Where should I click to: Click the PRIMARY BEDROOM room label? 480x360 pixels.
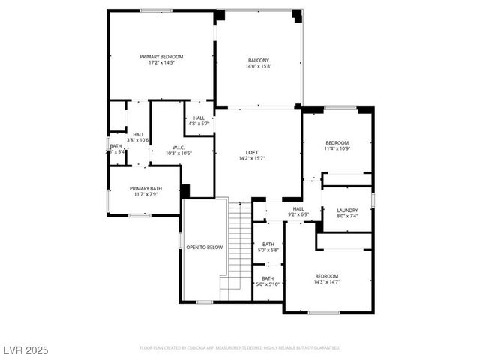[x=161, y=57]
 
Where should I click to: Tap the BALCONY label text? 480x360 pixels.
[x=259, y=61]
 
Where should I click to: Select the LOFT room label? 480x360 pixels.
[x=253, y=152]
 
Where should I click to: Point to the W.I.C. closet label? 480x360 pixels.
[x=178, y=148]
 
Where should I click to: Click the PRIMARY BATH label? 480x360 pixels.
[x=145, y=189]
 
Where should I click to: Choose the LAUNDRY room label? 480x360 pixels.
[x=347, y=211]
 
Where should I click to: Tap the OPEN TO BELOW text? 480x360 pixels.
[x=205, y=247]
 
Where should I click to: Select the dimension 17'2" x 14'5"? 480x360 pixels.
[x=161, y=63]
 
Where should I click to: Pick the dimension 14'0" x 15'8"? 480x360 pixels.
[x=259, y=67]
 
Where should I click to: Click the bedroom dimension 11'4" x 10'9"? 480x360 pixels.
[x=337, y=148]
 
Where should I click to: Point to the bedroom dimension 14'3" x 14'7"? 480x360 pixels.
[x=326, y=282]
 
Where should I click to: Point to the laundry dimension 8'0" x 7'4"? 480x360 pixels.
[x=347, y=216]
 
